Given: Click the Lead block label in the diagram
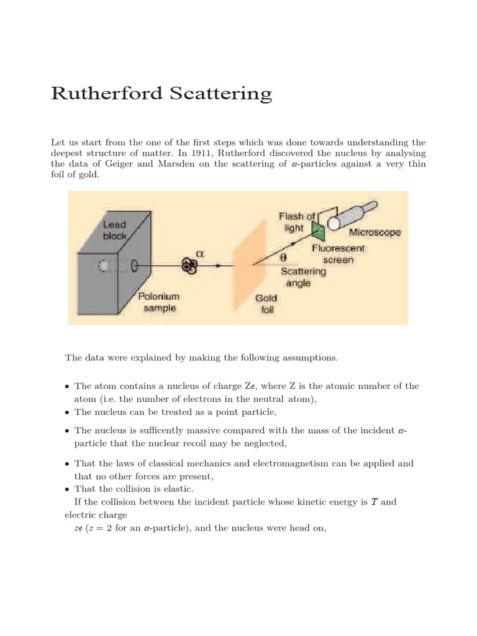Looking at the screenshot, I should coord(114,230).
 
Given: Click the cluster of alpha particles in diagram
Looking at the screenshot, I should coord(189,266).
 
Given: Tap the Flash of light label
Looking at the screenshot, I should coord(297,222).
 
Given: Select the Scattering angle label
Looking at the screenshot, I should coord(303,277).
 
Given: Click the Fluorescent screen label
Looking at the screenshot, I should coord(338,254).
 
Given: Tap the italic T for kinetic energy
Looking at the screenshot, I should coord(373,502).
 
